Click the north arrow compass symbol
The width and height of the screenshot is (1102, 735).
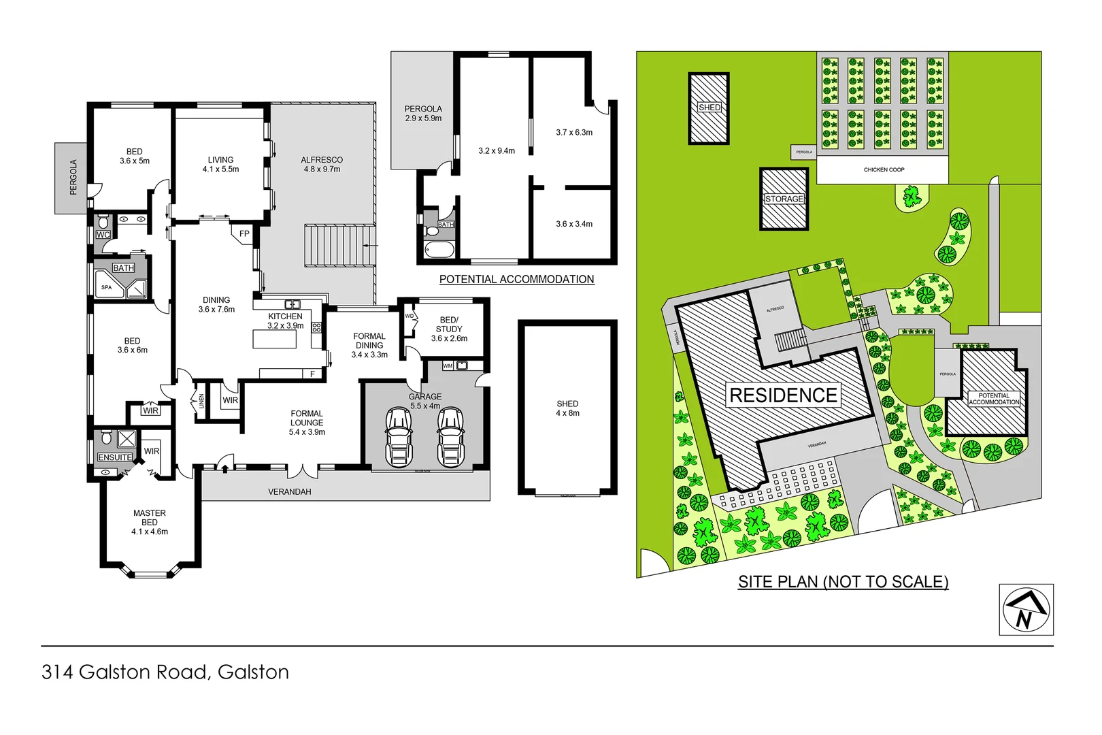1026,610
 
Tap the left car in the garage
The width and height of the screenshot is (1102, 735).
399,438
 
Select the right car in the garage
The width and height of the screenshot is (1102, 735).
450,438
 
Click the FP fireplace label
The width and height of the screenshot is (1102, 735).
244,234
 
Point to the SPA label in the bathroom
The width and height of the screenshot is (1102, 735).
107,287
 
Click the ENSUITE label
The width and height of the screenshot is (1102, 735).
115,457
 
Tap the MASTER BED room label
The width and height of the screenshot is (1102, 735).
150,522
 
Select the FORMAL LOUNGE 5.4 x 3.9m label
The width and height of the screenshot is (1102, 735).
307,423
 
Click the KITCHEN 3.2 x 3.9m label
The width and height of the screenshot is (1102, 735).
285,321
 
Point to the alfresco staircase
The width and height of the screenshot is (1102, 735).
339,245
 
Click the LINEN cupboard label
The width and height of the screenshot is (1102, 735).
201,401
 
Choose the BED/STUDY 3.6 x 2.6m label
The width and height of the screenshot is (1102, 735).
449,329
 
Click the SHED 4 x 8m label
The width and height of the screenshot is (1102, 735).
567,408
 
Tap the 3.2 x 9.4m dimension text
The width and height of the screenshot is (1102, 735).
497,151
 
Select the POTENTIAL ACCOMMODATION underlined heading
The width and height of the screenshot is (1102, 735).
516,279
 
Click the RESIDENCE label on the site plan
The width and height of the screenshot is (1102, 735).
783,395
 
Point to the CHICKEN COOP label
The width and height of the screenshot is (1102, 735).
884,169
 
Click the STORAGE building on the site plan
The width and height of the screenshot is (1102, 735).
784,199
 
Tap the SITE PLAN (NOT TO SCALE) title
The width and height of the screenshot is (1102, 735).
843,582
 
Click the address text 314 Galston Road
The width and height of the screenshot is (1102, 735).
165,672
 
